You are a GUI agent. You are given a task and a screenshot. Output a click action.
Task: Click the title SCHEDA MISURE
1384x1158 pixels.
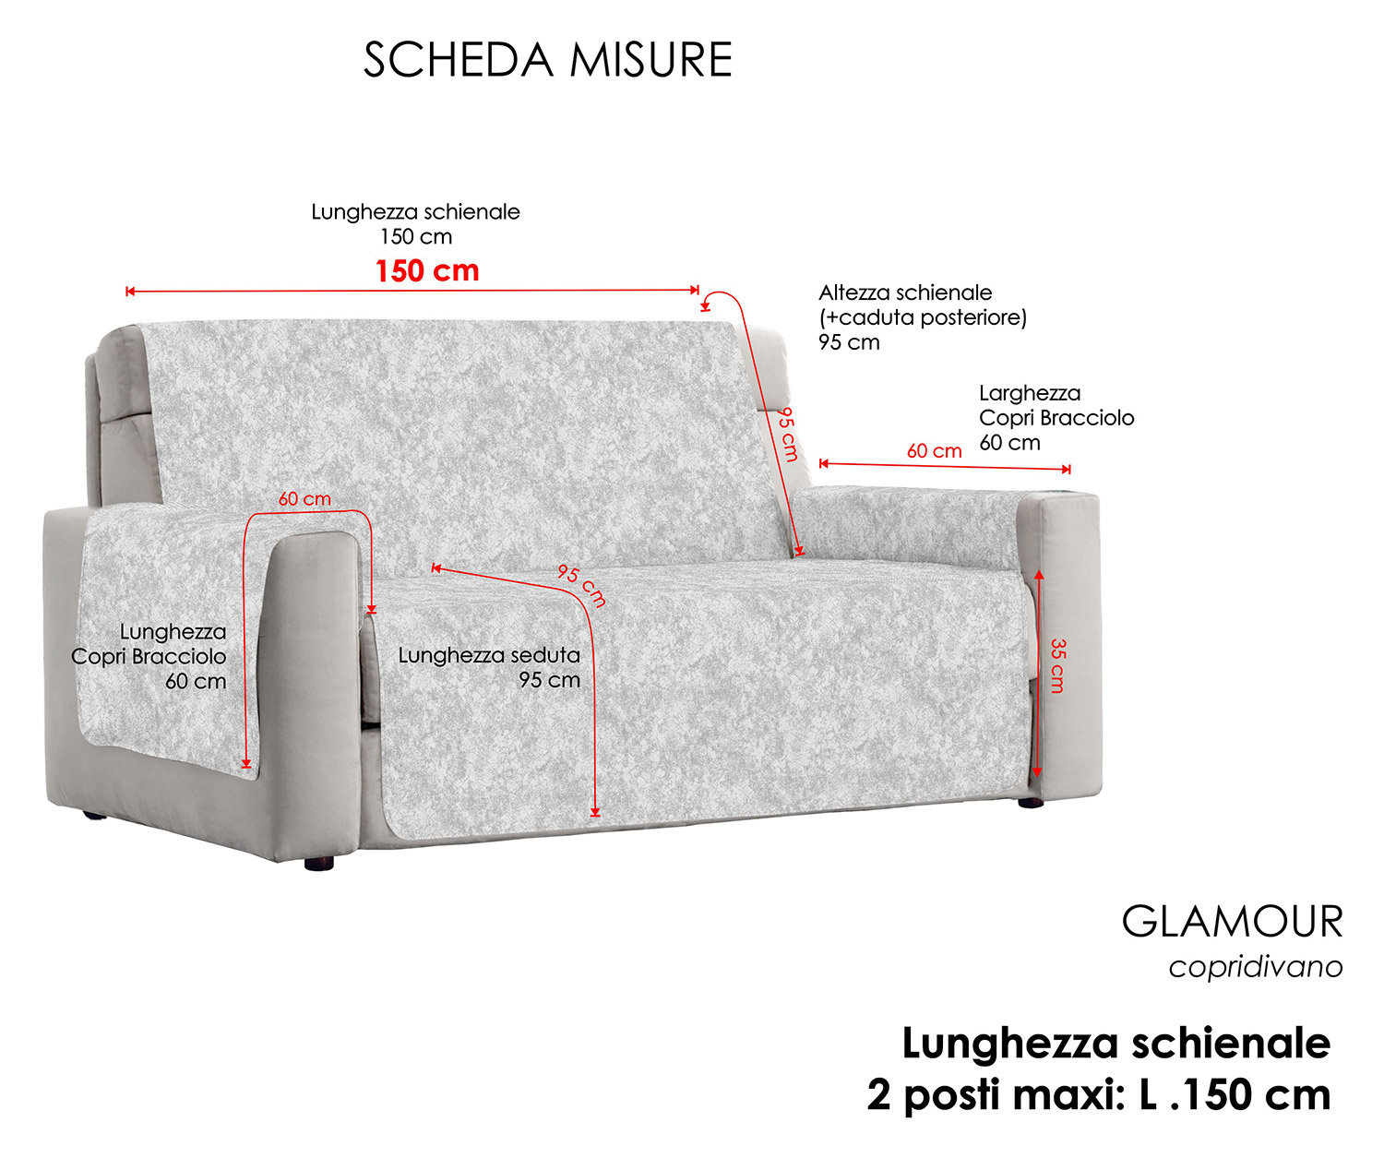click(547, 60)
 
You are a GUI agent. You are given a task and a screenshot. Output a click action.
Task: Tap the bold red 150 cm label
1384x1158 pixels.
click(427, 270)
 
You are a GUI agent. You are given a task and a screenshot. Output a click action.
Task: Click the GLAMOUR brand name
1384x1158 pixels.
click(1232, 921)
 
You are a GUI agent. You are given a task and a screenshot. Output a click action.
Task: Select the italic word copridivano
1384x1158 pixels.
click(1256, 967)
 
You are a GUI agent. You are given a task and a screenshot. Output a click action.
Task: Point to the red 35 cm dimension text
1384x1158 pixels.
click(1058, 665)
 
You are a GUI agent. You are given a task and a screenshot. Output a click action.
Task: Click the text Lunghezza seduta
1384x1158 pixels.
click(489, 655)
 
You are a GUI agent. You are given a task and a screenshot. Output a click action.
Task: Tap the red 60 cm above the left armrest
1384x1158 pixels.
click(304, 498)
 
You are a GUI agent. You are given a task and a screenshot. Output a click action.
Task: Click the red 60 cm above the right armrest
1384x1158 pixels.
click(934, 450)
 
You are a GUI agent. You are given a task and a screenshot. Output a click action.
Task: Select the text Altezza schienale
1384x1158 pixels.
click(905, 292)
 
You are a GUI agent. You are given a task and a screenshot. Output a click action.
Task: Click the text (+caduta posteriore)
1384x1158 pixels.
click(923, 317)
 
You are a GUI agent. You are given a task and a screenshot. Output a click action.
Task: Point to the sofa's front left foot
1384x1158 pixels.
click(319, 863)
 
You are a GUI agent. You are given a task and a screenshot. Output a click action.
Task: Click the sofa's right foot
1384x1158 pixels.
click(1031, 803)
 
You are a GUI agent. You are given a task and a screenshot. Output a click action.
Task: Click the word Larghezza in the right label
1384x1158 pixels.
click(1030, 393)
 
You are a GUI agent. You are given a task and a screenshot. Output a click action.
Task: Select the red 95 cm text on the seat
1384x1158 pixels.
click(582, 585)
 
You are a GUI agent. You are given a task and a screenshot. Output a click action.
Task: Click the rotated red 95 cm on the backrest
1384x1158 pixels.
click(787, 435)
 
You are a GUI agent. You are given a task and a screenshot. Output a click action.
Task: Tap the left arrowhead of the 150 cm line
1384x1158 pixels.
click(130, 291)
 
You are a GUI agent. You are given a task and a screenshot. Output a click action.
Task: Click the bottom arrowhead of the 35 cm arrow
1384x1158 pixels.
click(1037, 772)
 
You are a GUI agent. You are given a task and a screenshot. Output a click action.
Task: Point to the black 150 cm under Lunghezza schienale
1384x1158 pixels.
click(416, 236)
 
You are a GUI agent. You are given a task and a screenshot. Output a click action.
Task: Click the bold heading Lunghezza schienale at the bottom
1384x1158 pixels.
click(1116, 1044)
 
